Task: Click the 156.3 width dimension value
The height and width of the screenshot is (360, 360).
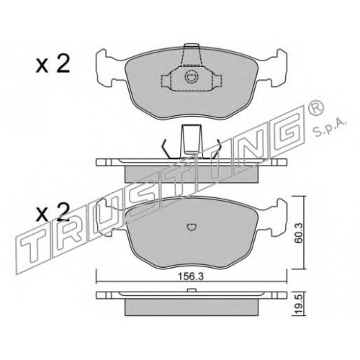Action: click(190, 276)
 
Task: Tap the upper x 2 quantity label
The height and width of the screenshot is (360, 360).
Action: click(53, 63)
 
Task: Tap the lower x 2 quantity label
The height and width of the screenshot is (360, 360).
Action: click(53, 212)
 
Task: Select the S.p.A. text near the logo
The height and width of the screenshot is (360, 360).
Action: click(329, 130)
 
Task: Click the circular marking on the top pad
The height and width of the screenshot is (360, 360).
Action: click(191, 77)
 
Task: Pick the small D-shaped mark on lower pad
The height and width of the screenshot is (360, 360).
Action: click(192, 227)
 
